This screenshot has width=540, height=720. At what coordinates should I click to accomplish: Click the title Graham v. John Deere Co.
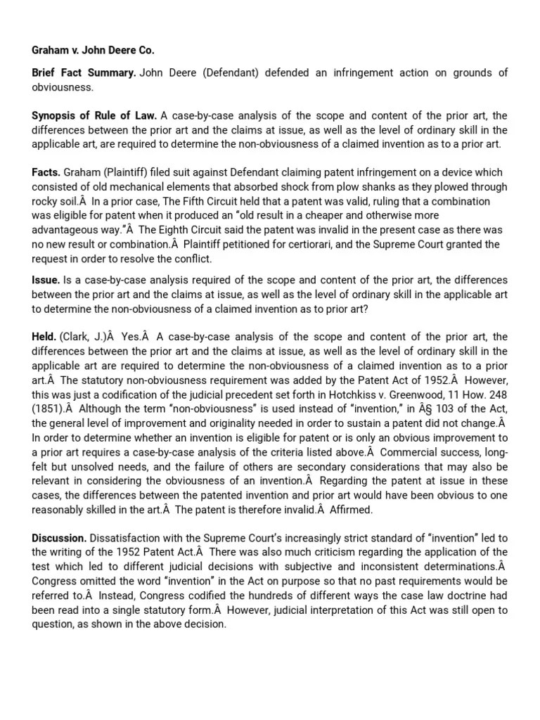93,50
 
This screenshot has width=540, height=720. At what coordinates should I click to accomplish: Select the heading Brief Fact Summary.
84,73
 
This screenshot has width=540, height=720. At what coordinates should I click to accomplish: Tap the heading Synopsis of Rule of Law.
94,116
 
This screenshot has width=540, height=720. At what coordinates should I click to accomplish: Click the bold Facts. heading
46,172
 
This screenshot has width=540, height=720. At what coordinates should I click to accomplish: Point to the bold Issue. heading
46,280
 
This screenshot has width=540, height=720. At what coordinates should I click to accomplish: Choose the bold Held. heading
44,337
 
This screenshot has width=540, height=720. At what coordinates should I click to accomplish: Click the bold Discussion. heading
59,538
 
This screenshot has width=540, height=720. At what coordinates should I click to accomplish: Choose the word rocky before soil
45,201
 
